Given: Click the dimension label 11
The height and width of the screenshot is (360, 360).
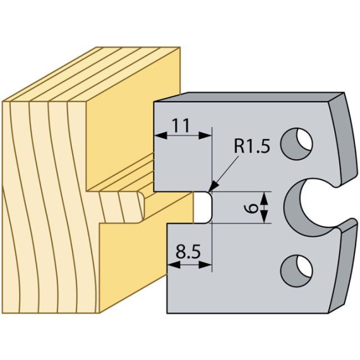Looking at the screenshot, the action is (181, 125).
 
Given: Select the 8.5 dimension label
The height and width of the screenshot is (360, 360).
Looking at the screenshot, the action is (188, 252).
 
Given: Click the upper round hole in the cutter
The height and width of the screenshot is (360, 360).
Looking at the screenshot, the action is (296, 144).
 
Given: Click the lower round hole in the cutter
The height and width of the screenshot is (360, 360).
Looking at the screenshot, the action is (296, 271).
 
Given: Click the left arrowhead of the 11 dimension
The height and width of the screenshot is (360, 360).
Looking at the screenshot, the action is (160, 135).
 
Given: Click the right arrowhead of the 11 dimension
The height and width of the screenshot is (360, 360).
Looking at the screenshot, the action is (205, 135).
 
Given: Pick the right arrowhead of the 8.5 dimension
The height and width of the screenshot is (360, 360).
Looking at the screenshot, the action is (205, 265).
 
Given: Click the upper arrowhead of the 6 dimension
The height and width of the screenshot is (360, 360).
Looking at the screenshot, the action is (264, 198).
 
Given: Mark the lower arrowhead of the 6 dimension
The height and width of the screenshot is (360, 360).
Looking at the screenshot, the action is (264, 217).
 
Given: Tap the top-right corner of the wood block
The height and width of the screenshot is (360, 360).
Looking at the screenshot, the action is (180, 47).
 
